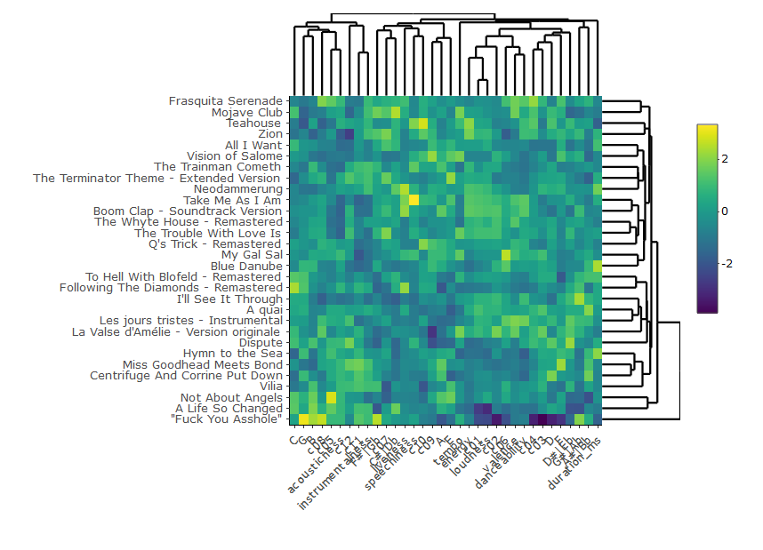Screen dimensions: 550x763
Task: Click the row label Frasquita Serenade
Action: (x=225, y=101)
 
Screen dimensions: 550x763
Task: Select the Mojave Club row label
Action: (x=246, y=113)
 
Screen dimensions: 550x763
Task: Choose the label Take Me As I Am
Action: (x=232, y=201)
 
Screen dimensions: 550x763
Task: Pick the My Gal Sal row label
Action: (x=252, y=254)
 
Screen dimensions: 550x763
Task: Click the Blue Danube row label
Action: (x=246, y=266)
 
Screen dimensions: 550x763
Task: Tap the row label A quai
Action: (x=264, y=309)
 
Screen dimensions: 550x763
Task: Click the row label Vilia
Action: (x=270, y=387)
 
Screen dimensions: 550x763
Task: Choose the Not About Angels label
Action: (x=231, y=397)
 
